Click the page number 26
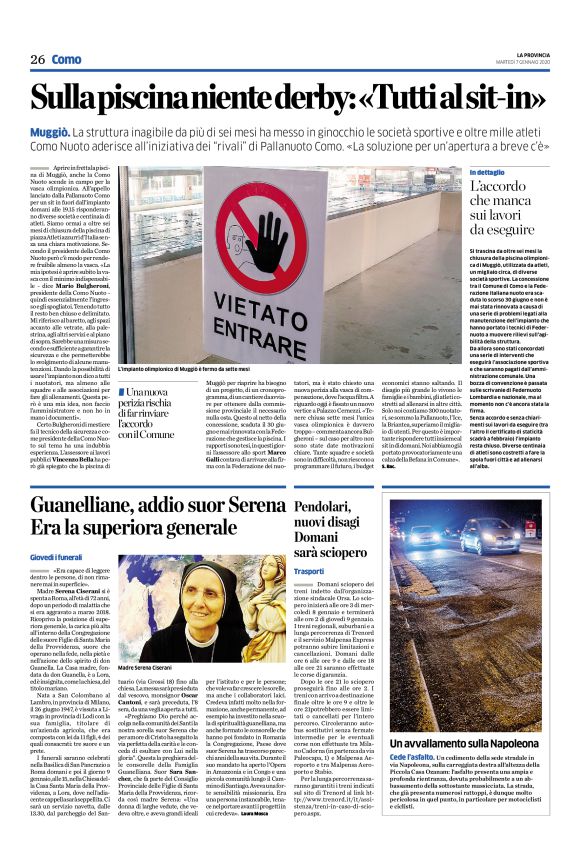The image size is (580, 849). point(37,59)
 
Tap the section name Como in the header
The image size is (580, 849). point(67,59)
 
